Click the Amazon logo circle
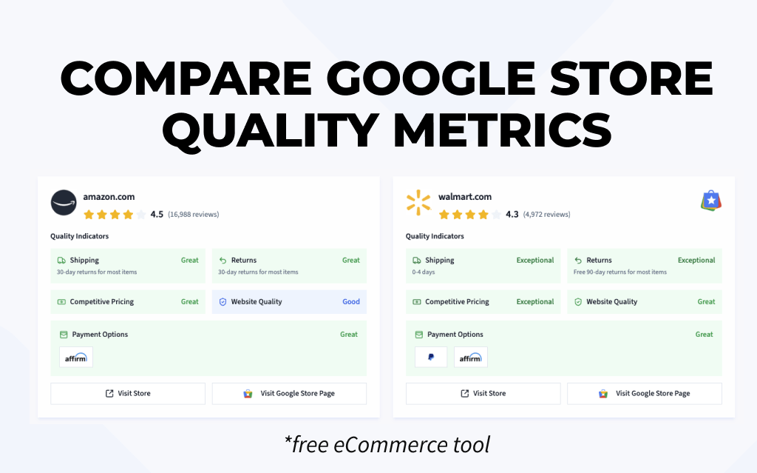[x=63, y=203]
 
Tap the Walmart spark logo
[x=418, y=203]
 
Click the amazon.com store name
[x=109, y=197]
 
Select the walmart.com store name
[x=465, y=197]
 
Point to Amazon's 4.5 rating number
[x=157, y=215]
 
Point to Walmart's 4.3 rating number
[x=512, y=215]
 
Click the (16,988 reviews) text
[x=194, y=215]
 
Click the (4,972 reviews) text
[x=547, y=215]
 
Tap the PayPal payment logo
[x=431, y=358]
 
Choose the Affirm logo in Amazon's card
[x=76, y=358]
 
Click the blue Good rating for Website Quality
[x=351, y=302]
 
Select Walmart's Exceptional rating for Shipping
[x=535, y=261]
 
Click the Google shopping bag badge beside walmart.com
[x=711, y=200]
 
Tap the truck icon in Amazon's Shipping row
[x=62, y=261]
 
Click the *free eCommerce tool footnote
[x=387, y=445]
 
